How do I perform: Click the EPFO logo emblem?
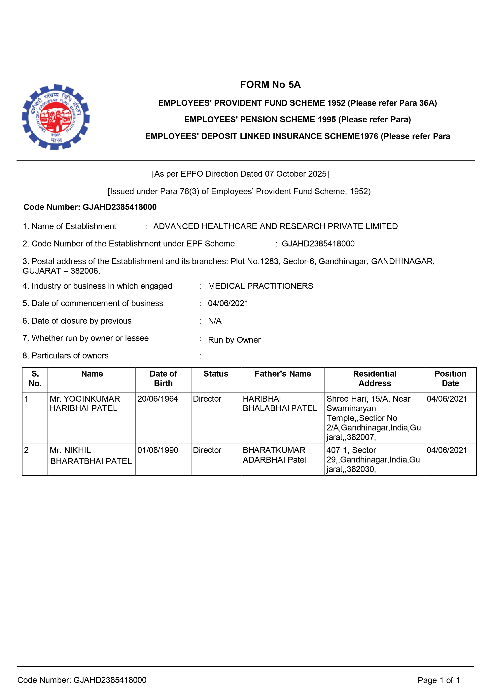click(x=56, y=117)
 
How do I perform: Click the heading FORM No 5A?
click(x=270, y=85)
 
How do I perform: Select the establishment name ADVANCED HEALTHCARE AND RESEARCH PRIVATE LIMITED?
click(x=275, y=227)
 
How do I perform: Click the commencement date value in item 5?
click(x=228, y=303)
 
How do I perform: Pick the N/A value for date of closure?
click(x=215, y=321)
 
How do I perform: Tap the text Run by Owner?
click(x=234, y=340)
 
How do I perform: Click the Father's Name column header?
click(x=282, y=374)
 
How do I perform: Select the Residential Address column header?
click(x=374, y=379)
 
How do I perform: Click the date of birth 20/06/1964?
click(x=158, y=399)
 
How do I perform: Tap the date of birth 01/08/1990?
click(x=158, y=450)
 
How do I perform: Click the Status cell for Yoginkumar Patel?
click(x=207, y=399)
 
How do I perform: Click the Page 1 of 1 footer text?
click(x=438, y=680)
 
